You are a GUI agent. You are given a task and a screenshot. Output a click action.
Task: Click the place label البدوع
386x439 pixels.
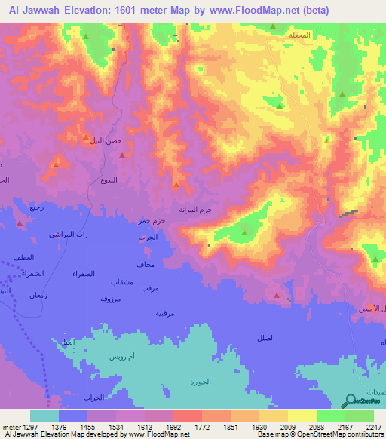pyautogui.click(x=109, y=180)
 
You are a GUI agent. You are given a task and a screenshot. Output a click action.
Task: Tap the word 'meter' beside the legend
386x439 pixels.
pyautogui.click(x=11, y=427)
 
